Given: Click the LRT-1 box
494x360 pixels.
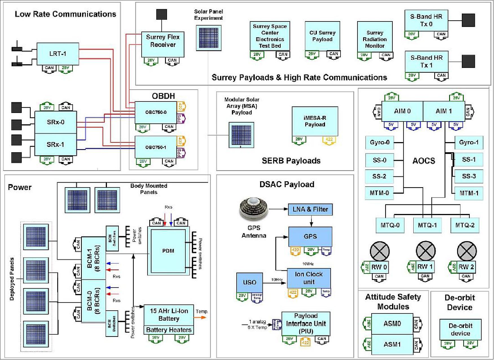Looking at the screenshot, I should click(58, 54).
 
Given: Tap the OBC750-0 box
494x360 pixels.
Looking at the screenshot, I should click(156, 112).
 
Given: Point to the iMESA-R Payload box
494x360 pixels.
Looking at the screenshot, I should click(315, 121).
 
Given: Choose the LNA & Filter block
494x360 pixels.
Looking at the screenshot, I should click(310, 209).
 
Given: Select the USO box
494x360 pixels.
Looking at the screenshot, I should click(249, 282).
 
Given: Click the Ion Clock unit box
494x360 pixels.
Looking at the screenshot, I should click(309, 278).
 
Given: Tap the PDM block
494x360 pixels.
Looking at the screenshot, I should click(168, 251).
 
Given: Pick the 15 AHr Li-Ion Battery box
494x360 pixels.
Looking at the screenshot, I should click(169, 315).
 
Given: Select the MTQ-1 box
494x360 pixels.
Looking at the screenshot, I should click(427, 225).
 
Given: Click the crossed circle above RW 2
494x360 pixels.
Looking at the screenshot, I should click(467, 251).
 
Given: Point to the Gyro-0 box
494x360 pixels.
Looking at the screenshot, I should click(379, 142).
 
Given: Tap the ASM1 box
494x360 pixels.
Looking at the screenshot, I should click(392, 344).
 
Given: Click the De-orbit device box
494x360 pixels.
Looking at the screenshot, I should click(460, 329).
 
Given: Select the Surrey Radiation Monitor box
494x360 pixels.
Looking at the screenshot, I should click(375, 39).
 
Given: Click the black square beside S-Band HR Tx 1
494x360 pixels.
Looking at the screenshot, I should click(468, 61).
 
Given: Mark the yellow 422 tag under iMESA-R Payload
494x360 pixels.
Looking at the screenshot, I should click(329, 140).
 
